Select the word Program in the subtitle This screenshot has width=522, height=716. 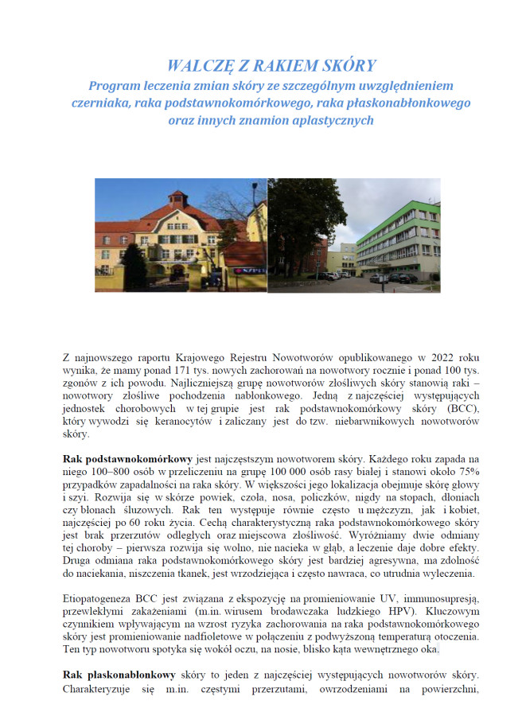pyautogui.click(x=114, y=84)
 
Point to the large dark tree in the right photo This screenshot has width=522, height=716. pyautogui.click(x=298, y=215)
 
